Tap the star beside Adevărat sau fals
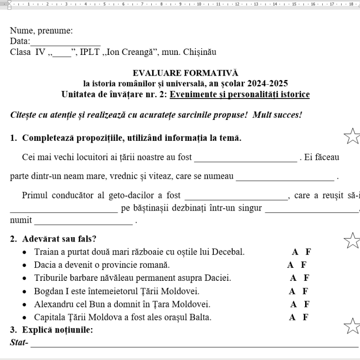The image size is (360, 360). pyautogui.click(x=352, y=240)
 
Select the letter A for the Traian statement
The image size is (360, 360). pyautogui.click(x=295, y=252)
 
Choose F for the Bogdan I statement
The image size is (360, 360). pyautogui.click(x=306, y=291)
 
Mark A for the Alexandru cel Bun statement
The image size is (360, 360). pyautogui.click(x=293, y=304)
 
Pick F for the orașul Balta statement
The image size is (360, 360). pyautogui.click(x=306, y=317)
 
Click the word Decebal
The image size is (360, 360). pyautogui.click(x=228, y=252)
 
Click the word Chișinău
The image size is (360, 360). pyautogui.click(x=200, y=52)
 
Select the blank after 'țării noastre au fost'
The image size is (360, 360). pyautogui.click(x=245, y=158)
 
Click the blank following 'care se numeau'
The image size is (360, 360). pyautogui.click(x=285, y=176)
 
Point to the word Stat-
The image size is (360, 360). pyautogui.click(x=19, y=343)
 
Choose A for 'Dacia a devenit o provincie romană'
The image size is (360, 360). pyautogui.click(x=291, y=265)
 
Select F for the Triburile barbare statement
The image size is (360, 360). pyautogui.click(x=306, y=278)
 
